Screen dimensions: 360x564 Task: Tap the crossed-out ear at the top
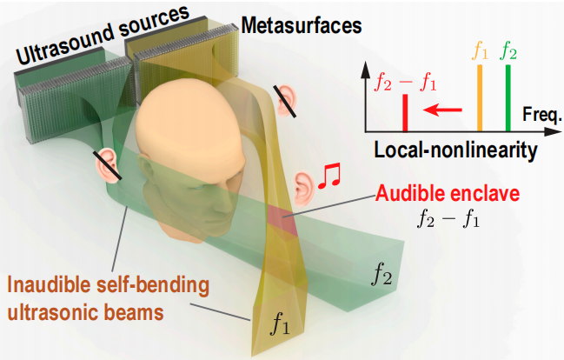(x=285, y=100)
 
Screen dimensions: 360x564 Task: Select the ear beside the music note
(x=303, y=184)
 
